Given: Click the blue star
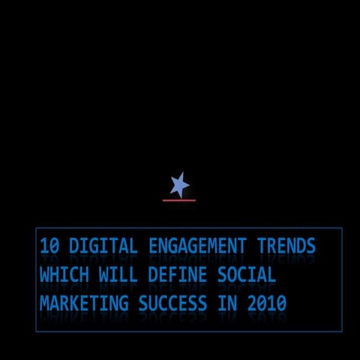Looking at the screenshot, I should click(179, 184).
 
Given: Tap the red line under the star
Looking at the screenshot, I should click(179, 200).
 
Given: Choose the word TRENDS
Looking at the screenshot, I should click(286, 246).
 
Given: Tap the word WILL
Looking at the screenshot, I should click(118, 275).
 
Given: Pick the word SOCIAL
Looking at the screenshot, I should click(247, 275).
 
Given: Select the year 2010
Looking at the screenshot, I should click(266, 304).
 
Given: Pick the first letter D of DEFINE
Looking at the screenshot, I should click(153, 275).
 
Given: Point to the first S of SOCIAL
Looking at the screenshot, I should click(222, 275).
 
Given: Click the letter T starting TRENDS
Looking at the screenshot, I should click(262, 246).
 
